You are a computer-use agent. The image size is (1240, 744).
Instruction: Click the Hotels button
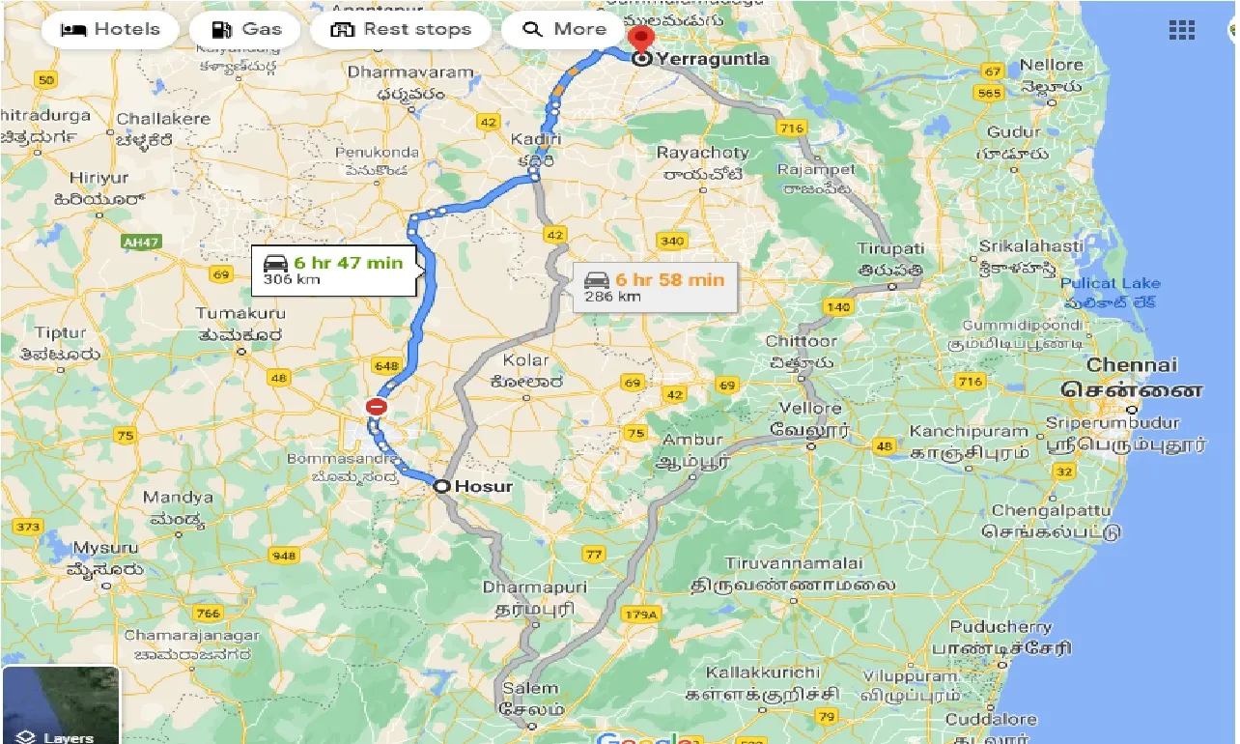coord(110,29)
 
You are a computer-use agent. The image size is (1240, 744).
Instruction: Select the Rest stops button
coord(401,29)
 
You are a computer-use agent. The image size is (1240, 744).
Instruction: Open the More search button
coord(564,29)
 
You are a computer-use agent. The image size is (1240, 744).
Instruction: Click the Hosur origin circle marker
coord(441,486)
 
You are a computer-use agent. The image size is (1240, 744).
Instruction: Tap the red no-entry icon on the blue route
coord(377,407)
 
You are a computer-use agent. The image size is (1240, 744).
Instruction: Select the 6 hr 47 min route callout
coord(334,270)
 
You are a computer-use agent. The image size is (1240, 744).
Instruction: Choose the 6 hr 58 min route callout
coord(655,287)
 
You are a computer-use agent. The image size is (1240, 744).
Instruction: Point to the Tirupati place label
coord(890,248)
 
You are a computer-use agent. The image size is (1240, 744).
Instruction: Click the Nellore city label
coord(1052,65)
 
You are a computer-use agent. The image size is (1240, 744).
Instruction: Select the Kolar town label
coord(525,359)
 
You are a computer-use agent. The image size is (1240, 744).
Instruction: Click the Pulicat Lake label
coord(1111,283)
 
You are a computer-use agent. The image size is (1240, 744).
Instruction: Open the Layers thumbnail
coord(60,705)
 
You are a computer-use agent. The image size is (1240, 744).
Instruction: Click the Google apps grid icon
coord(1181,29)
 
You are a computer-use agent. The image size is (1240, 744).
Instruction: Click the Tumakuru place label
coord(240,313)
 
